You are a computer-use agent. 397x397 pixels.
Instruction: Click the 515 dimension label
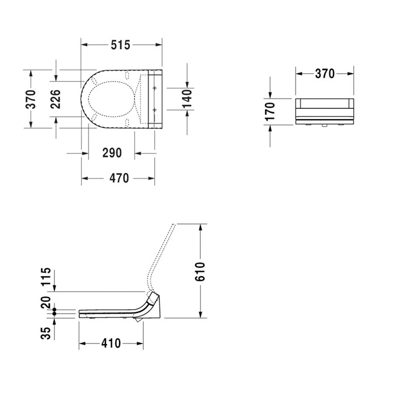pyautogui.click(x=120, y=45)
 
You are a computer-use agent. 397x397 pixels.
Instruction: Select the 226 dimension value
pyautogui.click(x=56, y=99)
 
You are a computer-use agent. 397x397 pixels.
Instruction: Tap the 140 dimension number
pyautogui.click(x=187, y=99)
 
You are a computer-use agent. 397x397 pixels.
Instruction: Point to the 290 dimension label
pyautogui.click(x=112, y=153)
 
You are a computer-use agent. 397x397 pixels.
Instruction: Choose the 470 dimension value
pyautogui.click(x=119, y=178)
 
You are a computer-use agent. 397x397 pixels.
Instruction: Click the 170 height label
pyautogui.click(x=270, y=111)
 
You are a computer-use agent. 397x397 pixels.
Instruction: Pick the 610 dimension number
pyautogui.click(x=200, y=272)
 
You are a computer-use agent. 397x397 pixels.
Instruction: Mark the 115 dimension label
pyautogui.click(x=46, y=277)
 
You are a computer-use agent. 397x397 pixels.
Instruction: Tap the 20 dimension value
pyautogui.click(x=46, y=302)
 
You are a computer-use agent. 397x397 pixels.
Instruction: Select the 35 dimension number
pyautogui.click(x=46, y=333)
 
